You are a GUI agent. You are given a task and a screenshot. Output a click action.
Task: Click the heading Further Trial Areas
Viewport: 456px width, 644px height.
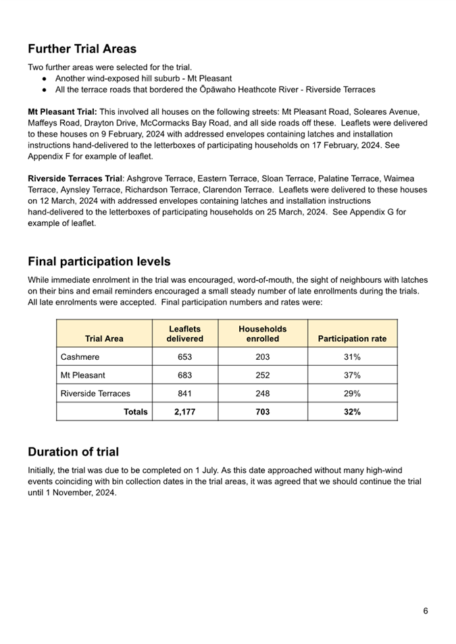pos(82,49)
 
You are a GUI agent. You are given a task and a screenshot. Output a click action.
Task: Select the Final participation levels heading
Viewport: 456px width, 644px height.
pos(99,261)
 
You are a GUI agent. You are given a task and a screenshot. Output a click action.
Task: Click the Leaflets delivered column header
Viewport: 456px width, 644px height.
pos(184,333)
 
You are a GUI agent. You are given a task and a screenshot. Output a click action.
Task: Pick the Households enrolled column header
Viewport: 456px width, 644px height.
pos(263,333)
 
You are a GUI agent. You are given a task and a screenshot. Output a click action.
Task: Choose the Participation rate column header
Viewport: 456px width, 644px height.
pos(352,339)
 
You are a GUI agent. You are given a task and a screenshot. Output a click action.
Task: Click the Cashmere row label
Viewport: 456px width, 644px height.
pos(80,356)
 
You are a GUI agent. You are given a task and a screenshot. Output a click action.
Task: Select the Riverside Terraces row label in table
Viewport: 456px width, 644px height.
pos(95,394)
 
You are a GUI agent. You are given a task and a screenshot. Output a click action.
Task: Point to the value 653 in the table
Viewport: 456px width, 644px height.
pos(184,356)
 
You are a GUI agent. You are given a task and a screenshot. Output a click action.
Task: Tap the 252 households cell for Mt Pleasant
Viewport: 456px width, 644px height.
pos(263,375)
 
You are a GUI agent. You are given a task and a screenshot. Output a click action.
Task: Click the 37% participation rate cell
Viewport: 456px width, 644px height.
pos(352,375)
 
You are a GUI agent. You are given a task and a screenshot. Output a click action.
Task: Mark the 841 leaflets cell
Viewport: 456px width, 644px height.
pos(184,394)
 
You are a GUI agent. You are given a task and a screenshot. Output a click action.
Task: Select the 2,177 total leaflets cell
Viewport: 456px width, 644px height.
pos(184,412)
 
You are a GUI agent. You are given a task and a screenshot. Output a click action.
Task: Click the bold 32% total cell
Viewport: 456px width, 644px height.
pos(352,412)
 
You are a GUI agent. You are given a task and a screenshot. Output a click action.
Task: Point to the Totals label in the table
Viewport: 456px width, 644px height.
pos(135,412)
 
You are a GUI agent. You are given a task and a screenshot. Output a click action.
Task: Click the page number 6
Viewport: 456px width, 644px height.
pos(426,611)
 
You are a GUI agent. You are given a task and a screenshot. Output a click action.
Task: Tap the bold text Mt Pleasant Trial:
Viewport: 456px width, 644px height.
pos(62,111)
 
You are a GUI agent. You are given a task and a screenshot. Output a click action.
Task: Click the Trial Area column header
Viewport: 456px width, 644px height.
pos(104,339)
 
